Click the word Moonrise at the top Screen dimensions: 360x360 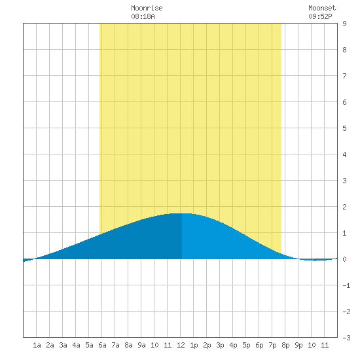(x=147, y=8)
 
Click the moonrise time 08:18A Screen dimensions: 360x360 (x=143, y=16)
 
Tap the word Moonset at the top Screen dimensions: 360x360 (x=322, y=8)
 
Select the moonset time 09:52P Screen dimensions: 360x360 (x=320, y=16)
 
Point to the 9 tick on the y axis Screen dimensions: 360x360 (x=344, y=24)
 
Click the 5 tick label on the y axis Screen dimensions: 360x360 (x=344, y=128)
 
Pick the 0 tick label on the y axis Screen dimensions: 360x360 (x=344, y=259)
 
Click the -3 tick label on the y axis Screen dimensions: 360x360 (x=346, y=338)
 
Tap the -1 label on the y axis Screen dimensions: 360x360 (x=346, y=285)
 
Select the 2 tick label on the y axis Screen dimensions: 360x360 (x=344, y=207)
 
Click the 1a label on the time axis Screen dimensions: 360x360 (x=37, y=345)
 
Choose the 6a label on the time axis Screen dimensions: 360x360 (x=102, y=345)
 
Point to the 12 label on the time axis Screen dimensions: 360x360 (x=181, y=345)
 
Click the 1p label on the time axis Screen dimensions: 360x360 (x=194, y=345)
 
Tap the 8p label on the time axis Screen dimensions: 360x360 (x=285, y=345)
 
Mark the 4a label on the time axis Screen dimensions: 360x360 (x=76, y=345)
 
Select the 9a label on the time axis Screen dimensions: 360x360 (x=141, y=345)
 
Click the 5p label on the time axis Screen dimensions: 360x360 (x=246, y=345)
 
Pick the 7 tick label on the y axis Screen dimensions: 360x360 (x=344, y=76)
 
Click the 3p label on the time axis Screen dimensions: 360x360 (x=220, y=345)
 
